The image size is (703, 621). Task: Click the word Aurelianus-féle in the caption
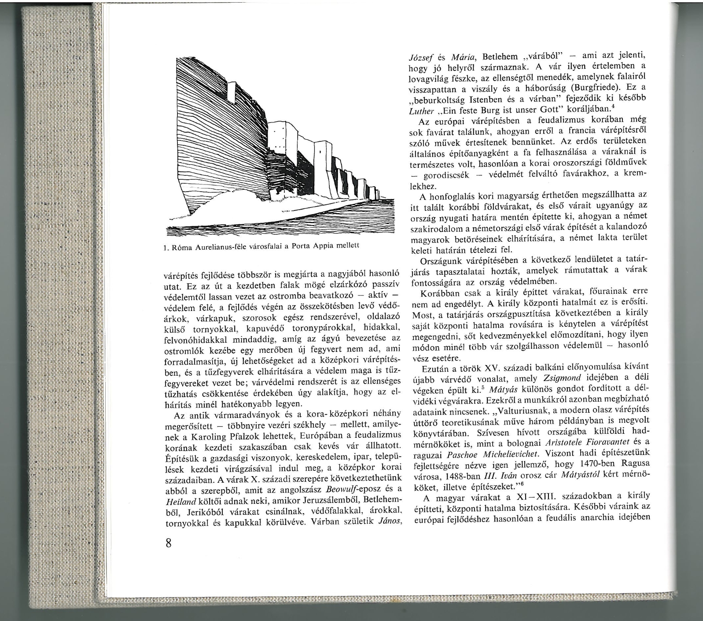[214, 247]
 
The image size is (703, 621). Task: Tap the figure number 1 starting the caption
[163, 247]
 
